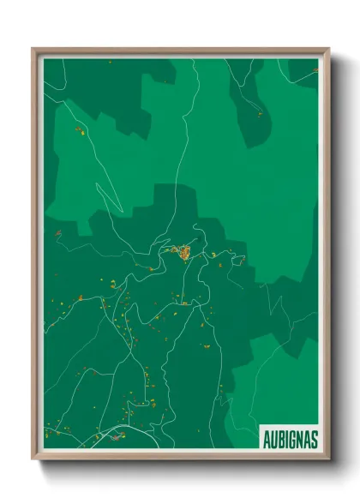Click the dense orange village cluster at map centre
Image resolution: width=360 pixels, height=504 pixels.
(x=182, y=252)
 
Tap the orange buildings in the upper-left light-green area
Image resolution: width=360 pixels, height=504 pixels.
(x=79, y=130)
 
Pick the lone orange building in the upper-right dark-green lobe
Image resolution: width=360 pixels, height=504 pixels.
(x=258, y=112)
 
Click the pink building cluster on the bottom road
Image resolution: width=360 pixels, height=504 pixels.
(x=111, y=439)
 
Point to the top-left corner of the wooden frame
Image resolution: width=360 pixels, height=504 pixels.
(x=33, y=50)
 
